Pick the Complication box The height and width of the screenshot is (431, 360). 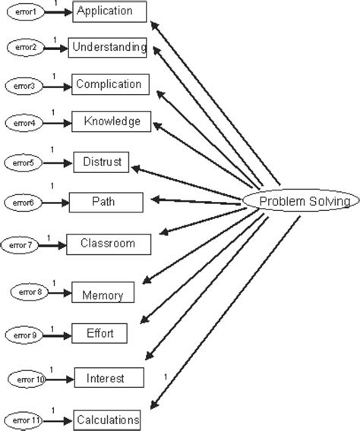point(109,84)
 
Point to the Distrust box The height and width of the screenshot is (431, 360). point(103,161)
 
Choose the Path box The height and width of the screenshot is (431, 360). point(106,201)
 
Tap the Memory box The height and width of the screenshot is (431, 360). point(103,292)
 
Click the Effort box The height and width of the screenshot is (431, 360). point(99,332)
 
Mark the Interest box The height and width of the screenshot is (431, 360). point(109,376)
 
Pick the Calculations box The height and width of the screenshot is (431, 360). point(107,419)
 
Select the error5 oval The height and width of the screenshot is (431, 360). point(23,162)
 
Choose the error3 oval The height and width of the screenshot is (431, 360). point(24,85)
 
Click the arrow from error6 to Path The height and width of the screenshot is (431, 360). point(57,202)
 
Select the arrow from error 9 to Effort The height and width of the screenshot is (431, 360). point(57,333)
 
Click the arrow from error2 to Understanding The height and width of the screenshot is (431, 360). point(56,48)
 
